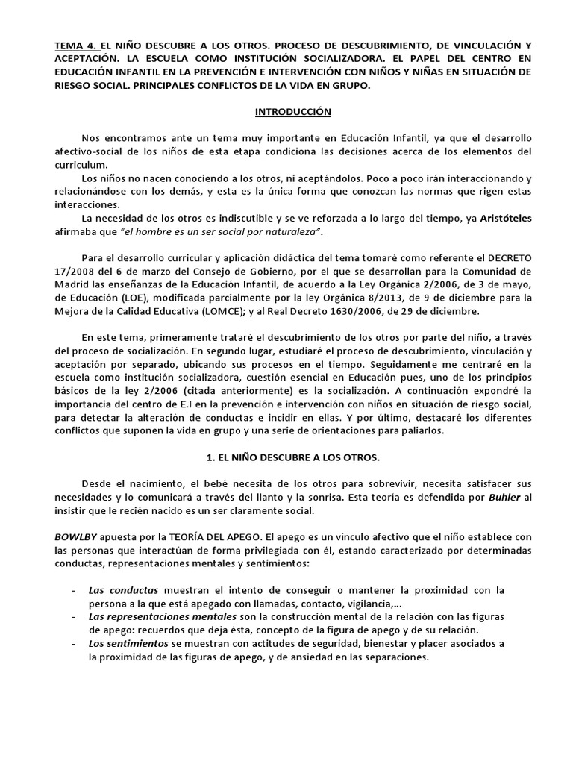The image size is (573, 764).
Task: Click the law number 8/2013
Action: (392, 298)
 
